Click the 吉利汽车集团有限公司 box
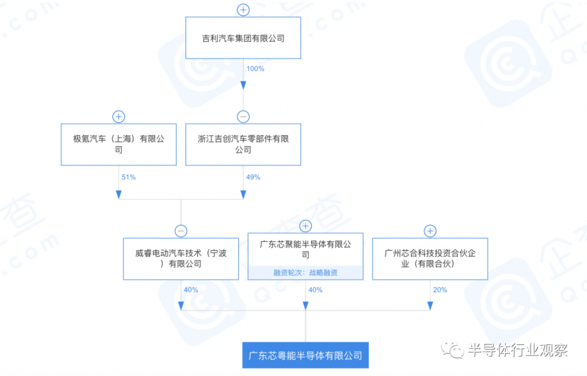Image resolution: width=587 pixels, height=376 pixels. click(243, 38)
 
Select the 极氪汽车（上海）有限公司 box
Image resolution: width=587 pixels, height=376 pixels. click(118, 145)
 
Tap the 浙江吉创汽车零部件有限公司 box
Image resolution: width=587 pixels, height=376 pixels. click(243, 145)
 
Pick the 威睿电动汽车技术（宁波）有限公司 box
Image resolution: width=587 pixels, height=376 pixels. click(181, 259)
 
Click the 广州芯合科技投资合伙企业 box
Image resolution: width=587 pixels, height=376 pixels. click(430, 259)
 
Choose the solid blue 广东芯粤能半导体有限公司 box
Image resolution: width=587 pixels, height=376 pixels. click(305, 355)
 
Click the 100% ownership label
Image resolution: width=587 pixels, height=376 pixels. click(255, 69)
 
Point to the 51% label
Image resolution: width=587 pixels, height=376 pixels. click(128, 177)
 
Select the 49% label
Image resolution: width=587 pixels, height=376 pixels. click(253, 177)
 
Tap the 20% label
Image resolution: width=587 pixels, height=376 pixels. click(440, 290)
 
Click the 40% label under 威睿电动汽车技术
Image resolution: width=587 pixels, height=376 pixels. click(191, 290)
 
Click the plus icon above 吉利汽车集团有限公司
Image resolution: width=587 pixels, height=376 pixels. click(243, 10)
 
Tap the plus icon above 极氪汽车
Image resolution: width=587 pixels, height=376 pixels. click(118, 117)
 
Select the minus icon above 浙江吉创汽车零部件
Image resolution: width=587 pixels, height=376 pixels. click(243, 117)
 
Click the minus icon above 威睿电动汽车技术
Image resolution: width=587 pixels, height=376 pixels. click(181, 231)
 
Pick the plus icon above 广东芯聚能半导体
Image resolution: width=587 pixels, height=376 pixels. click(305, 226)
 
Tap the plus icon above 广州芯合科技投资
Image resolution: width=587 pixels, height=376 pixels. click(430, 231)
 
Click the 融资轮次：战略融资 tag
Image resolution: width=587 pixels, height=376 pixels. click(305, 272)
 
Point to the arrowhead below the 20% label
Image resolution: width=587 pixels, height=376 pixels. click(430, 306)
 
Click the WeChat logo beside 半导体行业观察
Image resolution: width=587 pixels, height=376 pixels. click(452, 349)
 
